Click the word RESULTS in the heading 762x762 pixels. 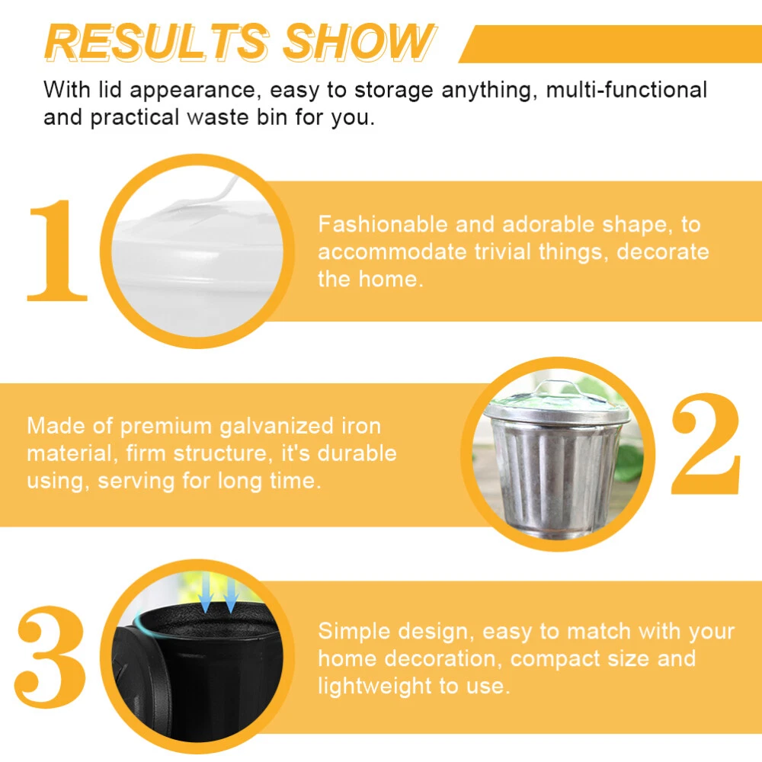tap(157, 42)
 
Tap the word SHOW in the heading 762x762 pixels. tap(359, 42)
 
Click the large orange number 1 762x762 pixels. tap(57, 250)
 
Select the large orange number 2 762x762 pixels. tap(706, 443)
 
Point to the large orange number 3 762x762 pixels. tap(50, 656)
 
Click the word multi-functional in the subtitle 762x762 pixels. tap(626, 90)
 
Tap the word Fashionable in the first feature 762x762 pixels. tap(383, 225)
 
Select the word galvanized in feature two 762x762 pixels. tap(277, 427)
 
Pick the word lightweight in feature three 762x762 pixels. tap(374, 687)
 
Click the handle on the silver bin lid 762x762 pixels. tap(559, 387)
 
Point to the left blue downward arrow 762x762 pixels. tap(206, 591)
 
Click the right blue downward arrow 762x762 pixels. tap(230, 591)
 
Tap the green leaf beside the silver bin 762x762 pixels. tap(630, 462)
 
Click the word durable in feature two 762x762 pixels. tap(357, 453)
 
